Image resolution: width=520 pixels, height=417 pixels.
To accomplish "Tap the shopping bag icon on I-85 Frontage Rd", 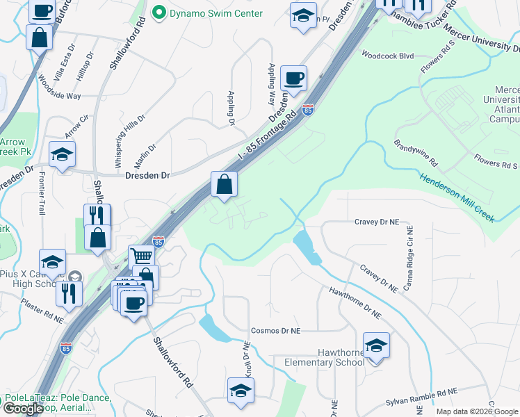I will coord(225,185).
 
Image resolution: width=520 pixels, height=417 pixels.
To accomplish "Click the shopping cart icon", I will coord(141,257).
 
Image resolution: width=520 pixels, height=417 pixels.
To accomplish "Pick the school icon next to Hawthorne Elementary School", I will coord(376,345).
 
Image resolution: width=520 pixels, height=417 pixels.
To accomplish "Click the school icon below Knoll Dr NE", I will coord(241,391).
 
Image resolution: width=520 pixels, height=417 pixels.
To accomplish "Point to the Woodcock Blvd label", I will coord(387,55).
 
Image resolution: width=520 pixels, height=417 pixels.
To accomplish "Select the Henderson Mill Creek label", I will coord(457,197).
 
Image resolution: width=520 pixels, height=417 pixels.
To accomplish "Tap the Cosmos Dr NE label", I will coord(275,332).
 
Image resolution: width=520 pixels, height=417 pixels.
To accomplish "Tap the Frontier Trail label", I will coord(42,193).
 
